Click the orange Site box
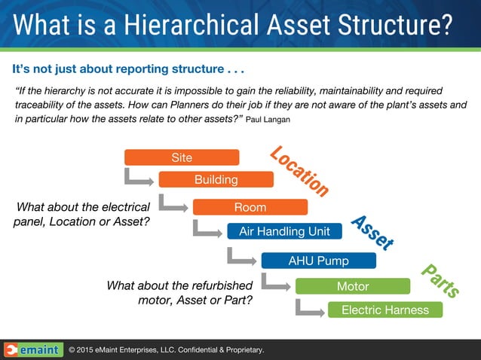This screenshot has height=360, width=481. (x=182, y=157)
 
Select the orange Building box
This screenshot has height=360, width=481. (x=216, y=180)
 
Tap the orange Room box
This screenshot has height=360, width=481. (x=250, y=207)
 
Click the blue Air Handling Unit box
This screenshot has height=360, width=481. (x=284, y=231)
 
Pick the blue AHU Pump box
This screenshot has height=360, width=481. (x=318, y=261)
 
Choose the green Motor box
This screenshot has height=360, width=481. (x=353, y=286)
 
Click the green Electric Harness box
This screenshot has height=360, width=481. (x=384, y=310)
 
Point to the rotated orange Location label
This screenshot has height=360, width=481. (x=299, y=171)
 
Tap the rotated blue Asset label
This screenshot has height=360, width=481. (x=372, y=233)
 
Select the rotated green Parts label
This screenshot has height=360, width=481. (x=440, y=280)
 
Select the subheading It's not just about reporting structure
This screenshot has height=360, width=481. (x=128, y=70)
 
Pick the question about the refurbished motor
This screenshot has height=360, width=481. (x=179, y=293)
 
